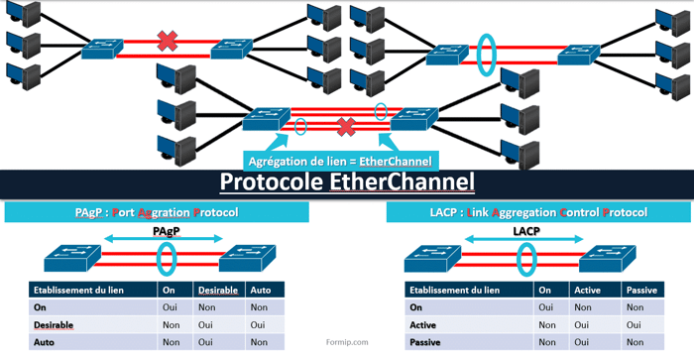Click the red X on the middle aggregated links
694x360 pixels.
point(346,126)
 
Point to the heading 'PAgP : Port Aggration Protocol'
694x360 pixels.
point(157,212)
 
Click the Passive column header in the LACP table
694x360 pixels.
point(642,291)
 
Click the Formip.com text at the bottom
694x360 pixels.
point(347,343)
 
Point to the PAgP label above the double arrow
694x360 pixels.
point(167,229)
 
